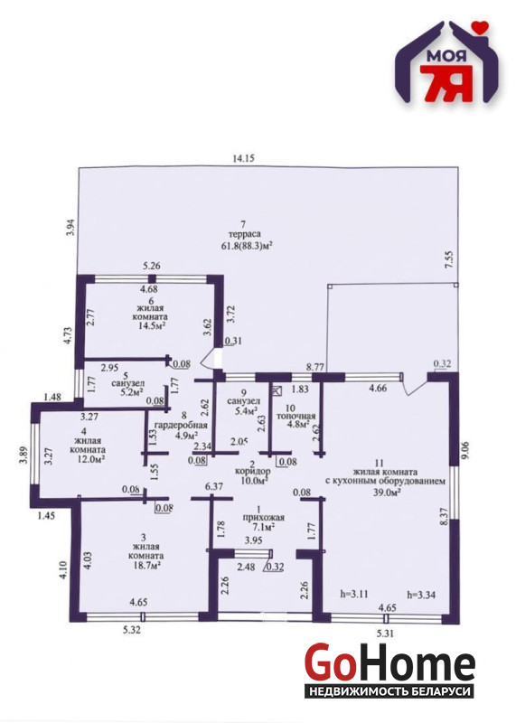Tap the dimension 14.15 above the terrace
(x=243, y=158)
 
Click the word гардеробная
(x=181, y=426)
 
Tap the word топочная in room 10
(x=296, y=417)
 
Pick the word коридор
(x=253, y=472)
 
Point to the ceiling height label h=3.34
(x=421, y=594)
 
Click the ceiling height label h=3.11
(x=354, y=594)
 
